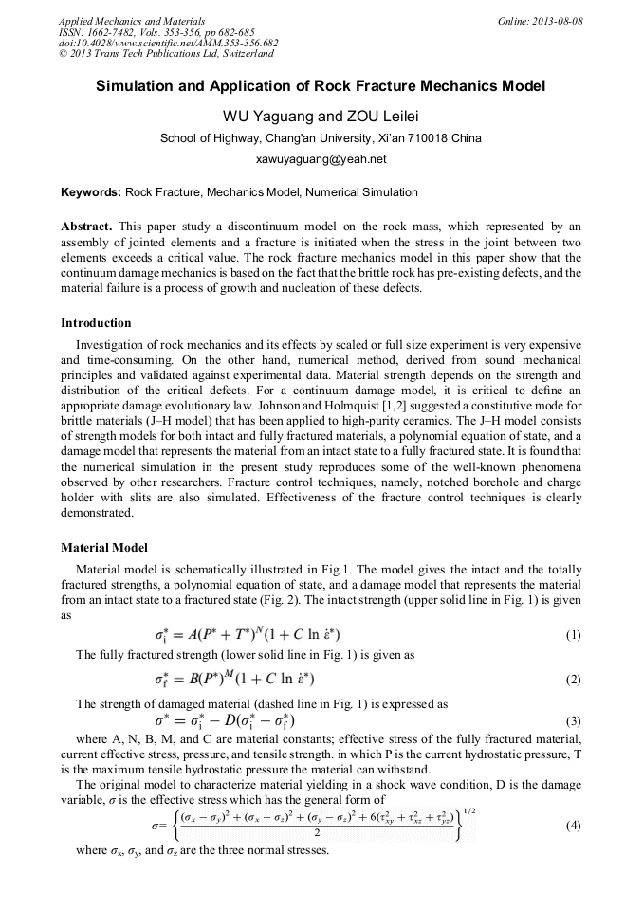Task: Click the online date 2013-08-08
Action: [x=557, y=21]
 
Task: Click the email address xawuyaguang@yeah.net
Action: [x=321, y=159]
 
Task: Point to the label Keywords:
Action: [x=91, y=192]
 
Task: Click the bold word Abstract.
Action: [x=86, y=227]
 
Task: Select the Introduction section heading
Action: [x=96, y=323]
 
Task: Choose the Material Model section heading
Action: [x=103, y=547]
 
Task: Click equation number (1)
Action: [x=573, y=635]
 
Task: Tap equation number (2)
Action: [x=573, y=680]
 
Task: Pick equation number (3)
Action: [x=573, y=720]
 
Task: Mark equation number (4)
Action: [x=573, y=825]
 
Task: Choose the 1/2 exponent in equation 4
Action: [x=468, y=811]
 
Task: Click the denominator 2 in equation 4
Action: [x=314, y=835]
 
